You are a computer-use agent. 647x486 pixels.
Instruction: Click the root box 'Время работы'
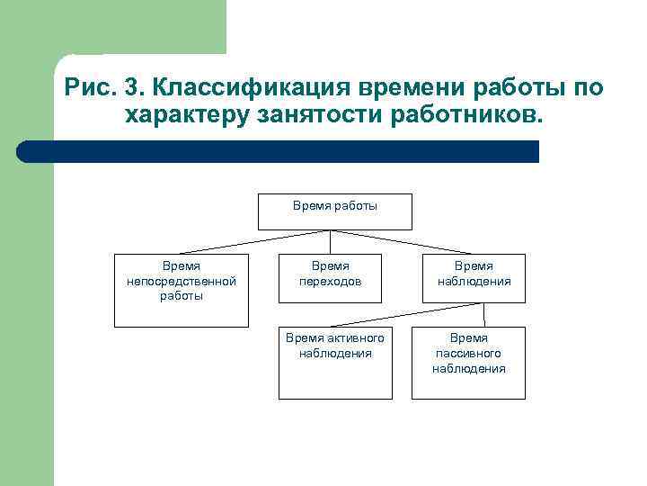click(334, 211)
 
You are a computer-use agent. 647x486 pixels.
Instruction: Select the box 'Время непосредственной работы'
click(181, 290)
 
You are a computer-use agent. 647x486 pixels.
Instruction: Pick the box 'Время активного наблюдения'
click(334, 360)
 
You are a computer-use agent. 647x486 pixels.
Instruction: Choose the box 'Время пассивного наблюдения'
click(468, 360)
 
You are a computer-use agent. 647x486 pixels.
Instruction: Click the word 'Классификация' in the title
click(253, 89)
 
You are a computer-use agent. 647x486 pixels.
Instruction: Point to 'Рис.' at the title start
click(89, 89)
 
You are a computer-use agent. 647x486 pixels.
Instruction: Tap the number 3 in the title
click(130, 89)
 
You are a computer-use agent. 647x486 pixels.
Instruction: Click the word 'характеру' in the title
click(184, 116)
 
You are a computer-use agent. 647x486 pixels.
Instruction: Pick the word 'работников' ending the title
click(462, 116)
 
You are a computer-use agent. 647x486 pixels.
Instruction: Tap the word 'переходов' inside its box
click(330, 281)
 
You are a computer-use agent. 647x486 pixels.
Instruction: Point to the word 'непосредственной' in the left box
click(182, 281)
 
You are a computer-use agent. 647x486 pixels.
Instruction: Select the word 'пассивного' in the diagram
click(468, 354)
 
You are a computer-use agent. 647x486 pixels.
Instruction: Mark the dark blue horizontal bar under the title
click(279, 151)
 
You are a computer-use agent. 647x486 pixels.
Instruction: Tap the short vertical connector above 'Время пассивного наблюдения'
click(485, 313)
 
